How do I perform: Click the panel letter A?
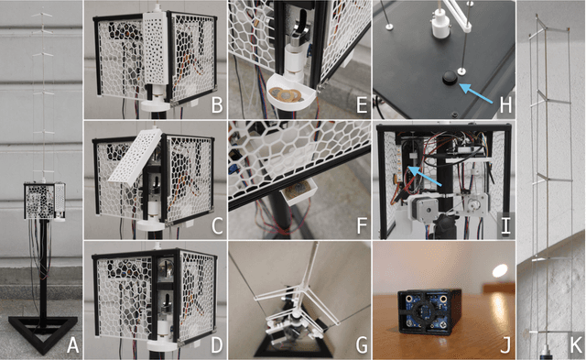pos(73,345)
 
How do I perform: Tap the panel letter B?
pos(217,105)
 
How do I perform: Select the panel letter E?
pos(362,105)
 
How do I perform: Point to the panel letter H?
pos(505,105)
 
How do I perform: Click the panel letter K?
pos(576,345)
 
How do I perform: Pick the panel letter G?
pos(362,345)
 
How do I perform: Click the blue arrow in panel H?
pos(477,93)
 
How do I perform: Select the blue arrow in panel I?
pos(425,177)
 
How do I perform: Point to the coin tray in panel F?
pos(298,191)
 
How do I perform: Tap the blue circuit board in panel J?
pos(424,311)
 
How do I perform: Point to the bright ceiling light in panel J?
pos(500,270)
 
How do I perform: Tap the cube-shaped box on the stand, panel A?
pos(45,201)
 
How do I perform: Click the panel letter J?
pos(505,345)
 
